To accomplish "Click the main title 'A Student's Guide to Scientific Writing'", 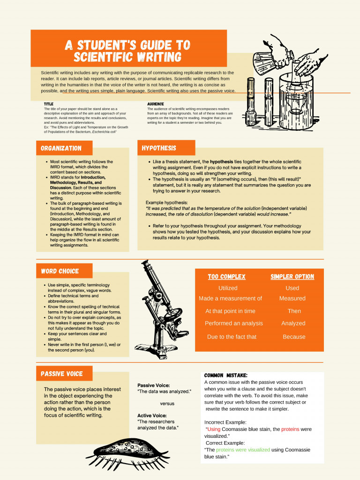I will (127, 51).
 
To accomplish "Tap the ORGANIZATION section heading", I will (61, 148).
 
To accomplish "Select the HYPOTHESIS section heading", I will (159, 148).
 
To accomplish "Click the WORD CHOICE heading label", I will (60, 271).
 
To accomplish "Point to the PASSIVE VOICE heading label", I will (61, 374).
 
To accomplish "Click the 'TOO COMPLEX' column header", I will (226, 277).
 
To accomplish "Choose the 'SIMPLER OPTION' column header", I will (292, 277).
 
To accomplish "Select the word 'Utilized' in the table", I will (228, 288).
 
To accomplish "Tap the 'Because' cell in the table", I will (294, 337).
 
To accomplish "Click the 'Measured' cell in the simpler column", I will (292, 298).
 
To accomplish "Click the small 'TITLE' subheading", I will (49, 104).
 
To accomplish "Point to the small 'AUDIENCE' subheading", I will (155, 104).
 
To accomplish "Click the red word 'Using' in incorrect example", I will (214, 429).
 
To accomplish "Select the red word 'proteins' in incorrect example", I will (290, 429).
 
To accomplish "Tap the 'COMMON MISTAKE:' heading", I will (226, 375).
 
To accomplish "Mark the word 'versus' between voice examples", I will (167, 403).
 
